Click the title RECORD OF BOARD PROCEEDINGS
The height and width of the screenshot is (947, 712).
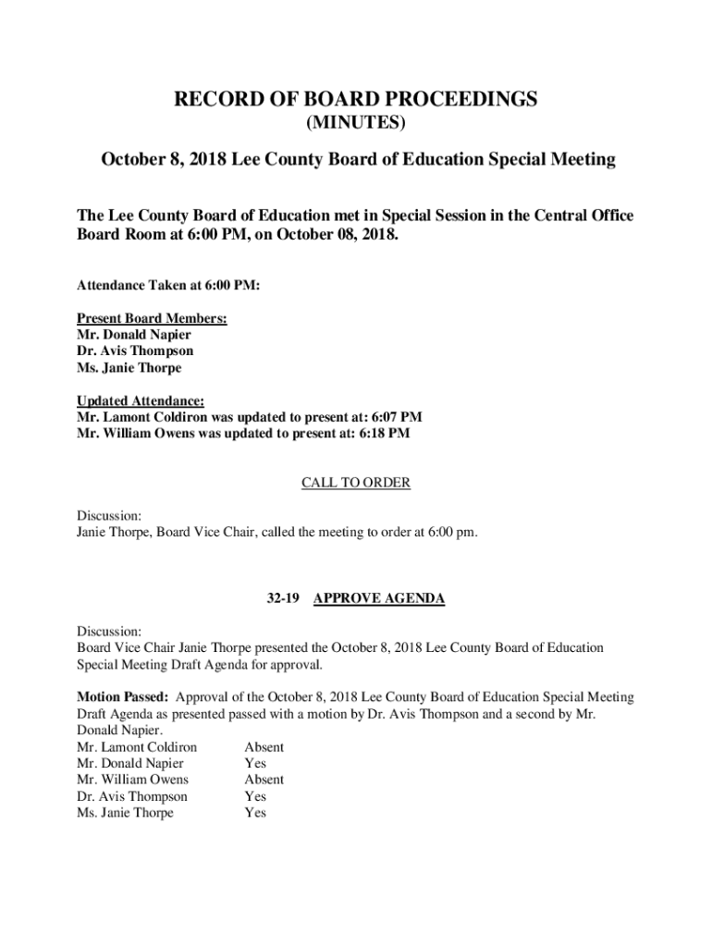coord(356,100)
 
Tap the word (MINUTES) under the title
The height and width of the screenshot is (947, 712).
coord(356,124)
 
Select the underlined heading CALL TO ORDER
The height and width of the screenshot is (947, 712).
coord(356,483)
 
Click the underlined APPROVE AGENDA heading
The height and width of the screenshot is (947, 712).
coord(379,598)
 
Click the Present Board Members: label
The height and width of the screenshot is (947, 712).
coord(152,318)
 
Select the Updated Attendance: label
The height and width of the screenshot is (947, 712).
coord(141,400)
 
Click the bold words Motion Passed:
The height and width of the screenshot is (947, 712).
coord(122,697)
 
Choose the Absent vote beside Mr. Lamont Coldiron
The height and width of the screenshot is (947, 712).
coord(264,747)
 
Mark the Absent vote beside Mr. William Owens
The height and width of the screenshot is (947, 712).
coord(264,780)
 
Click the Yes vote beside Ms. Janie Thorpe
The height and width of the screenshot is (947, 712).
coord(255,813)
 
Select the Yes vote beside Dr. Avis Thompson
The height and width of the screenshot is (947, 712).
coord(255,796)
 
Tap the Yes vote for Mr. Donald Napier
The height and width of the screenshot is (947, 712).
coord(255,764)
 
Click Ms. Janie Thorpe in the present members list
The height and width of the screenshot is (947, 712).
coord(129,368)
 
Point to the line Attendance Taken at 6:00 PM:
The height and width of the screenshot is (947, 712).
coord(168,286)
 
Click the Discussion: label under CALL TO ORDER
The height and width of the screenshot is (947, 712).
coord(109,515)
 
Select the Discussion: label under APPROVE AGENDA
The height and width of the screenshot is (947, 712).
coord(109,632)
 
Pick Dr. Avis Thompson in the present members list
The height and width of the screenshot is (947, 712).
coord(135,351)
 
